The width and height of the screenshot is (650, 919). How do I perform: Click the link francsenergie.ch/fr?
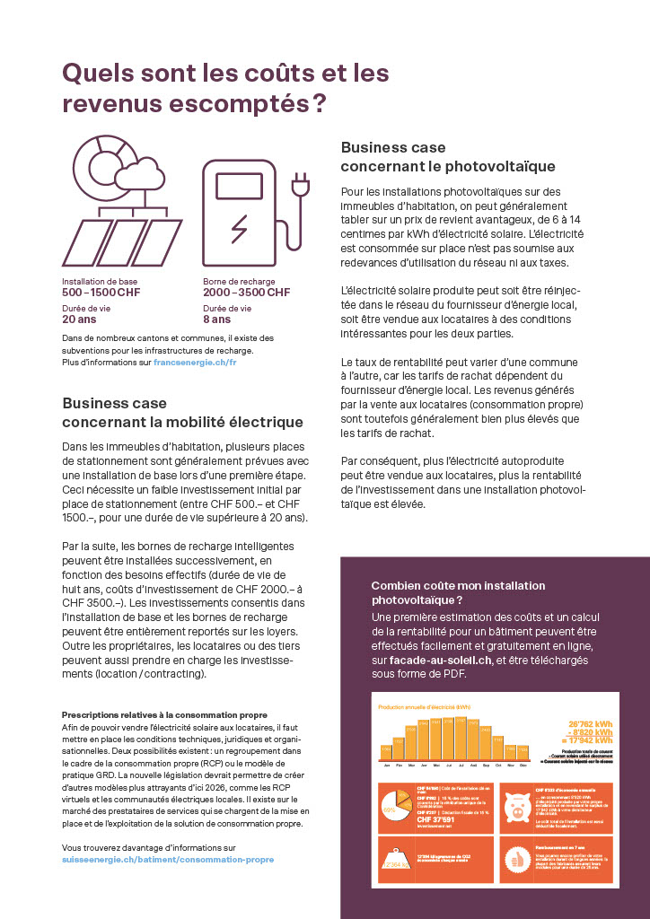(x=195, y=363)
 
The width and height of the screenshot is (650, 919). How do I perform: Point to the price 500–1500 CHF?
(x=101, y=293)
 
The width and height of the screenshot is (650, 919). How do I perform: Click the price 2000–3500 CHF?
(x=246, y=293)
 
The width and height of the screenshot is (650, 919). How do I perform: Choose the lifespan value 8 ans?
(x=216, y=319)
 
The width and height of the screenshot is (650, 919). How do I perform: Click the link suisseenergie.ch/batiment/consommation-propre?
(x=168, y=859)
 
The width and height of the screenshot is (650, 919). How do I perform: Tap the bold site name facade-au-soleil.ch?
(x=435, y=661)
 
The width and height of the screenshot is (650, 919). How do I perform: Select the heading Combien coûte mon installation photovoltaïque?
(x=458, y=591)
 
